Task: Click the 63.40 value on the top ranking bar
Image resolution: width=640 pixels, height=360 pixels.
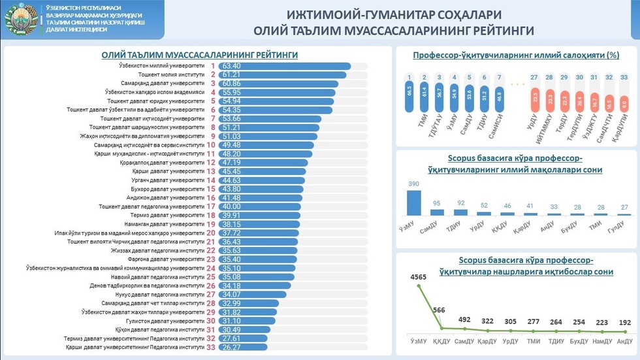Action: pos(232,66)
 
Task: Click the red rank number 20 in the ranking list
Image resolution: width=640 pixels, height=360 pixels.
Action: pos(211,233)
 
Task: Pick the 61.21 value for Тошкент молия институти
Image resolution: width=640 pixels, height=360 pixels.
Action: pos(232,75)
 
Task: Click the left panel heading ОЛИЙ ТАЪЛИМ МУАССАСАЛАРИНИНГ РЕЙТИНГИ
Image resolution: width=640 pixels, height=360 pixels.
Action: pos(199,56)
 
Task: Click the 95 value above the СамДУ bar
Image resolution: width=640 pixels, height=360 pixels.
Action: pos(437,203)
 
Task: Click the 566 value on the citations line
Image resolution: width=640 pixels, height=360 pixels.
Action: pos(439,310)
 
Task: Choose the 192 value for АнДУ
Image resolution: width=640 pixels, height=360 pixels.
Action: pos(625,322)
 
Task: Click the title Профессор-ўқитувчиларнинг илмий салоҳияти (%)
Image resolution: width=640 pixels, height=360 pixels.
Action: pos(516,56)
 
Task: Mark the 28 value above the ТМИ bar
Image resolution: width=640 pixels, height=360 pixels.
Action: pos(601,207)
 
